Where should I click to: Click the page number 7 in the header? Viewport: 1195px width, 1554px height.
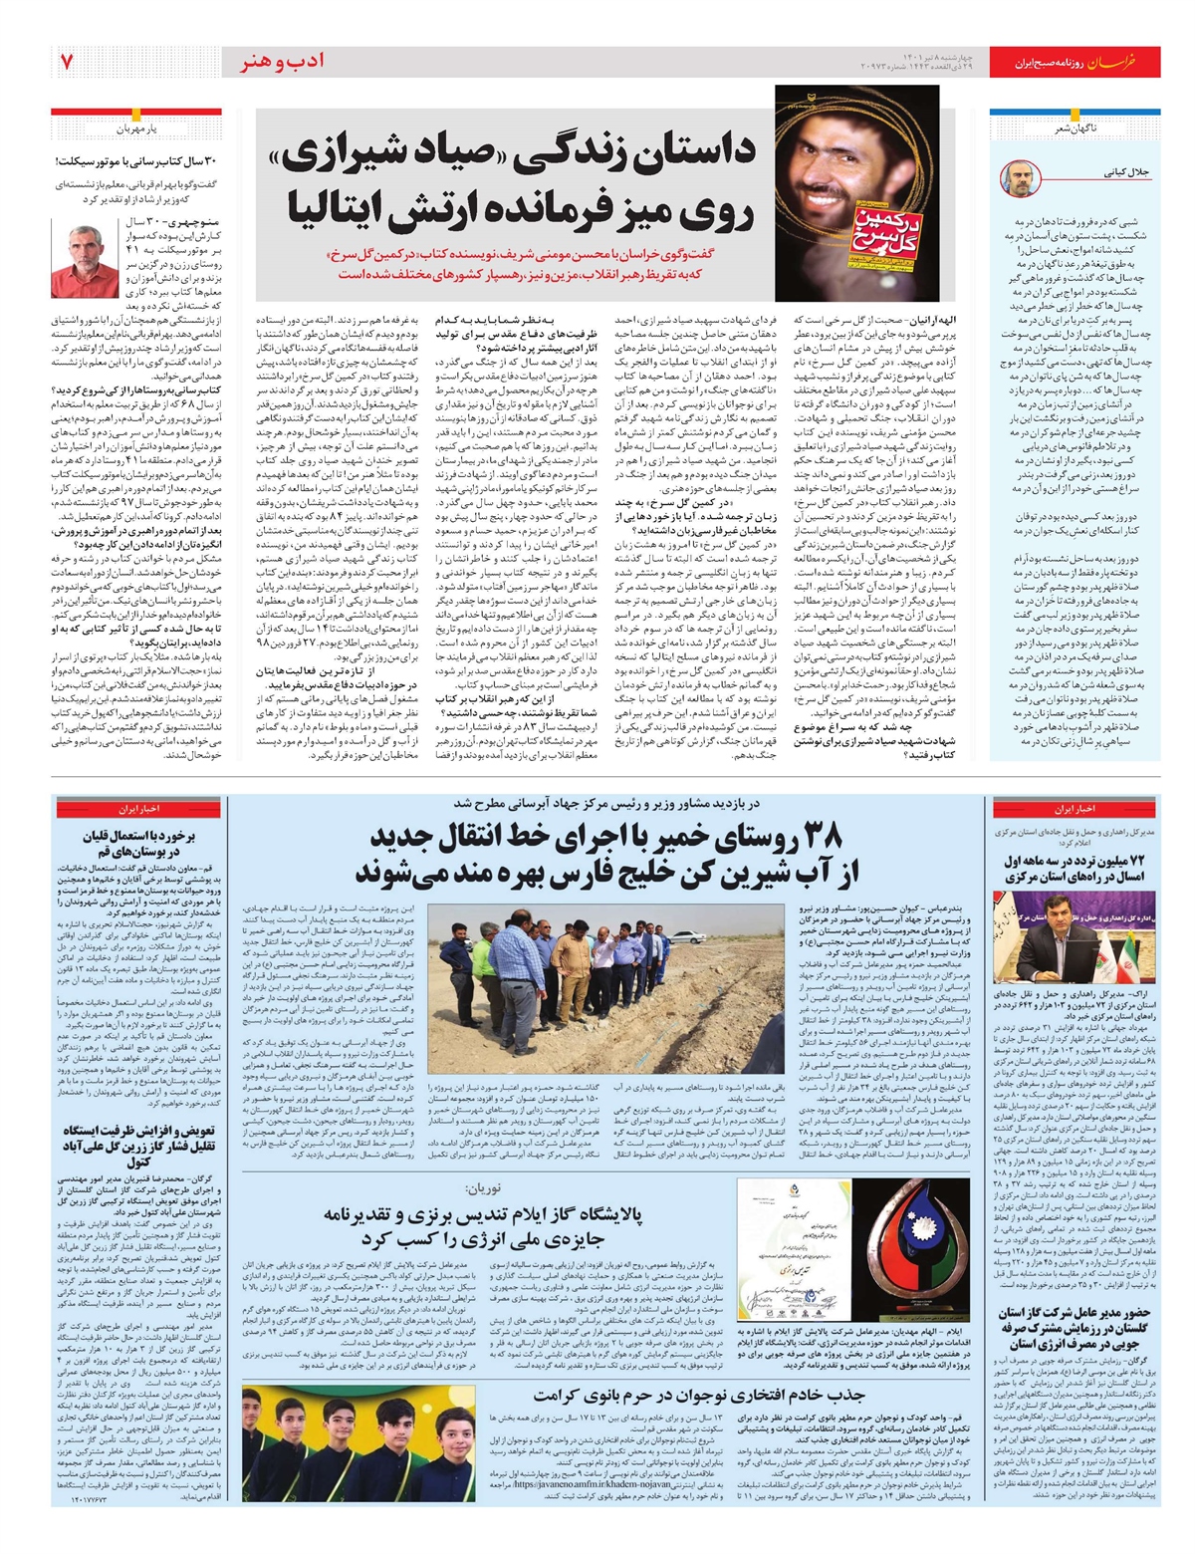(x=67, y=62)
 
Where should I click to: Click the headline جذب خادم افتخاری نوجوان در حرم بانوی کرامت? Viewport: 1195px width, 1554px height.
(x=697, y=1395)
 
